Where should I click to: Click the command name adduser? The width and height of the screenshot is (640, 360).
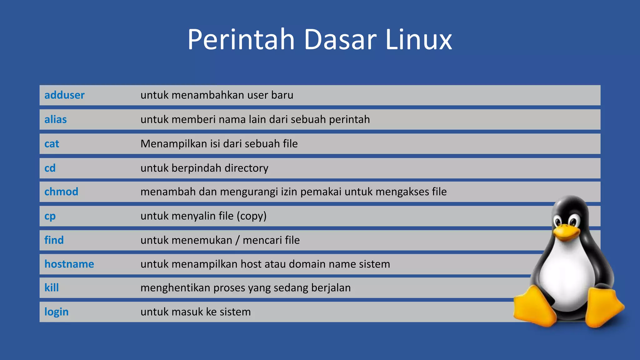click(x=64, y=95)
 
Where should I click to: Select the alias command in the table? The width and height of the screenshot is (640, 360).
click(x=56, y=119)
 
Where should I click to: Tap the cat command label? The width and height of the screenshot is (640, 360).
click(x=52, y=144)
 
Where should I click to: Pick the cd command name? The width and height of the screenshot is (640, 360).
click(x=50, y=168)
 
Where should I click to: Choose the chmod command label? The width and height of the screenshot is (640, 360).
click(x=61, y=192)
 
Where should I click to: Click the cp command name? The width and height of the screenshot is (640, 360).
click(x=50, y=216)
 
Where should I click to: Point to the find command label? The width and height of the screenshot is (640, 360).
click(x=54, y=240)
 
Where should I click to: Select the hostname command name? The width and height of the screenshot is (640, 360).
click(x=69, y=264)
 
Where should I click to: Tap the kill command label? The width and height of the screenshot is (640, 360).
click(x=52, y=288)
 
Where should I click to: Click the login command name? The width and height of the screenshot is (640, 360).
click(x=57, y=312)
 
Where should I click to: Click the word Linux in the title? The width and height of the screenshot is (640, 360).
click(x=418, y=40)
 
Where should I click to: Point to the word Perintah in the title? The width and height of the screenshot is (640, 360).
click(x=241, y=40)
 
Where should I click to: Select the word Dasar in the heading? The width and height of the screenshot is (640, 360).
click(x=340, y=40)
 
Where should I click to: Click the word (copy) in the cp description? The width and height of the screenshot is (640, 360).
click(x=252, y=216)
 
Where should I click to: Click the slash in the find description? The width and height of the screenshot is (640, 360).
click(x=237, y=240)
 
